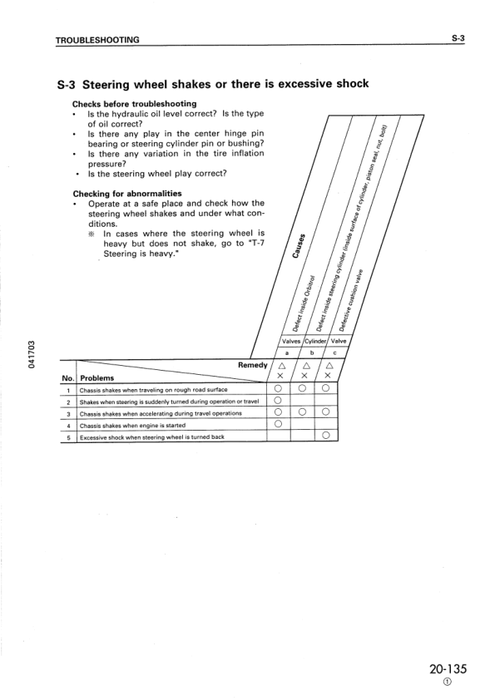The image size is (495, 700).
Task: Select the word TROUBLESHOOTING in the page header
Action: [x=97, y=40]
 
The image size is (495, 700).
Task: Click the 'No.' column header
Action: [x=67, y=377]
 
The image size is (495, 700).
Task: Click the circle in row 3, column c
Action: [x=326, y=412]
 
